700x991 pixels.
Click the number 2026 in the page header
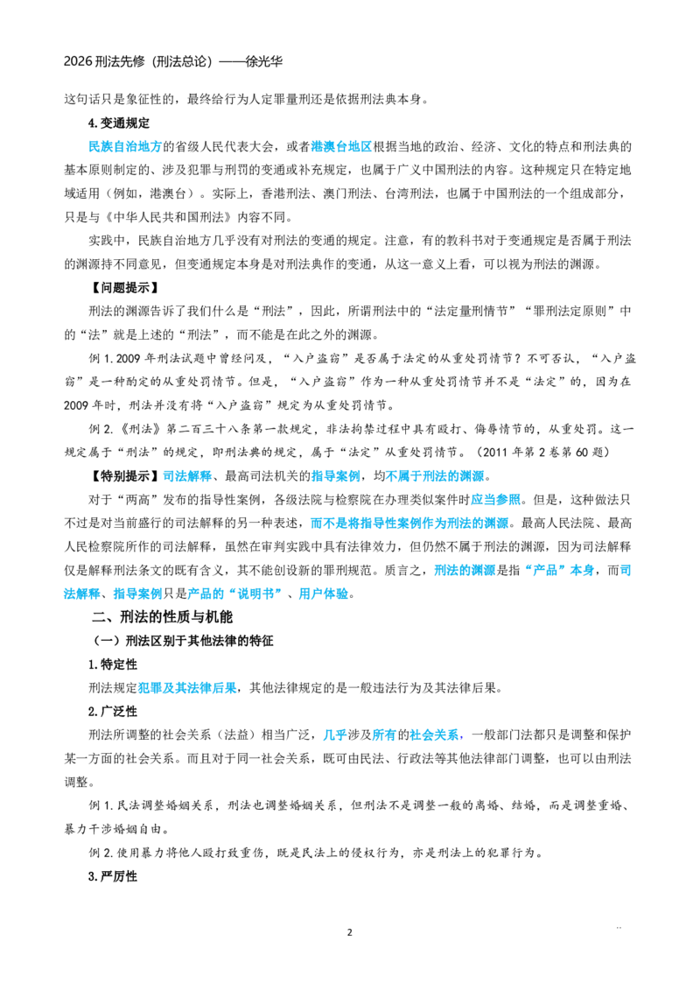pyautogui.click(x=79, y=61)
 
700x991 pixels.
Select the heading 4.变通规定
pyautogui.click(x=119, y=123)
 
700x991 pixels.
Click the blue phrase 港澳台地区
pyautogui.click(x=342, y=146)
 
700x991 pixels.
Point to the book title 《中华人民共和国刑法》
pyautogui.click(x=167, y=217)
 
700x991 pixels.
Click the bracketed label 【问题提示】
pyautogui.click(x=122, y=288)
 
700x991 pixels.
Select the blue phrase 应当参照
pyautogui.click(x=496, y=500)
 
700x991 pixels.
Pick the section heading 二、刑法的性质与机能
pyautogui.click(x=163, y=617)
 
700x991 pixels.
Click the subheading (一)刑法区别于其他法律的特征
pyautogui.click(x=183, y=641)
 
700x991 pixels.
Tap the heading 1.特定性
pyautogui.click(x=113, y=664)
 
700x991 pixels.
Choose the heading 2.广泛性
pyautogui.click(x=113, y=712)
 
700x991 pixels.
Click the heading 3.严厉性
pyautogui.click(x=113, y=876)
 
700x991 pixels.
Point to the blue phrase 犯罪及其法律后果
pyautogui.click(x=187, y=687)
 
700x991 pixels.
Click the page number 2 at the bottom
pyautogui.click(x=349, y=932)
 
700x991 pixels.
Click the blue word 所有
pyautogui.click(x=385, y=735)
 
